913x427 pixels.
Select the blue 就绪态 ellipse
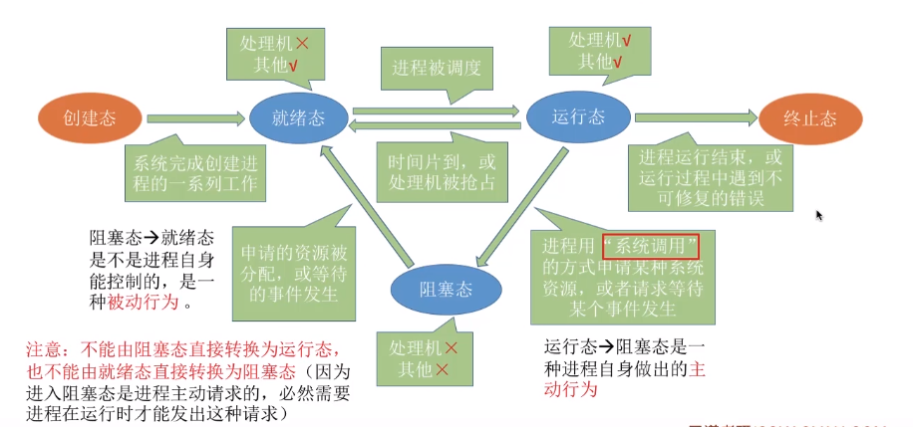tap(298, 118)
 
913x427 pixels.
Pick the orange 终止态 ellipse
tap(810, 118)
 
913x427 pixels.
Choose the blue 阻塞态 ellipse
tap(444, 289)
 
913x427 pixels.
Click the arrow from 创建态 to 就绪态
tap(195, 118)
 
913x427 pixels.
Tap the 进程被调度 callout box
tap(438, 68)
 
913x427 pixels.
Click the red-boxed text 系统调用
tap(650, 246)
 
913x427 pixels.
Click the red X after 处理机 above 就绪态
tap(302, 45)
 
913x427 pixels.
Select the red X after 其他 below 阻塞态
tap(441, 367)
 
